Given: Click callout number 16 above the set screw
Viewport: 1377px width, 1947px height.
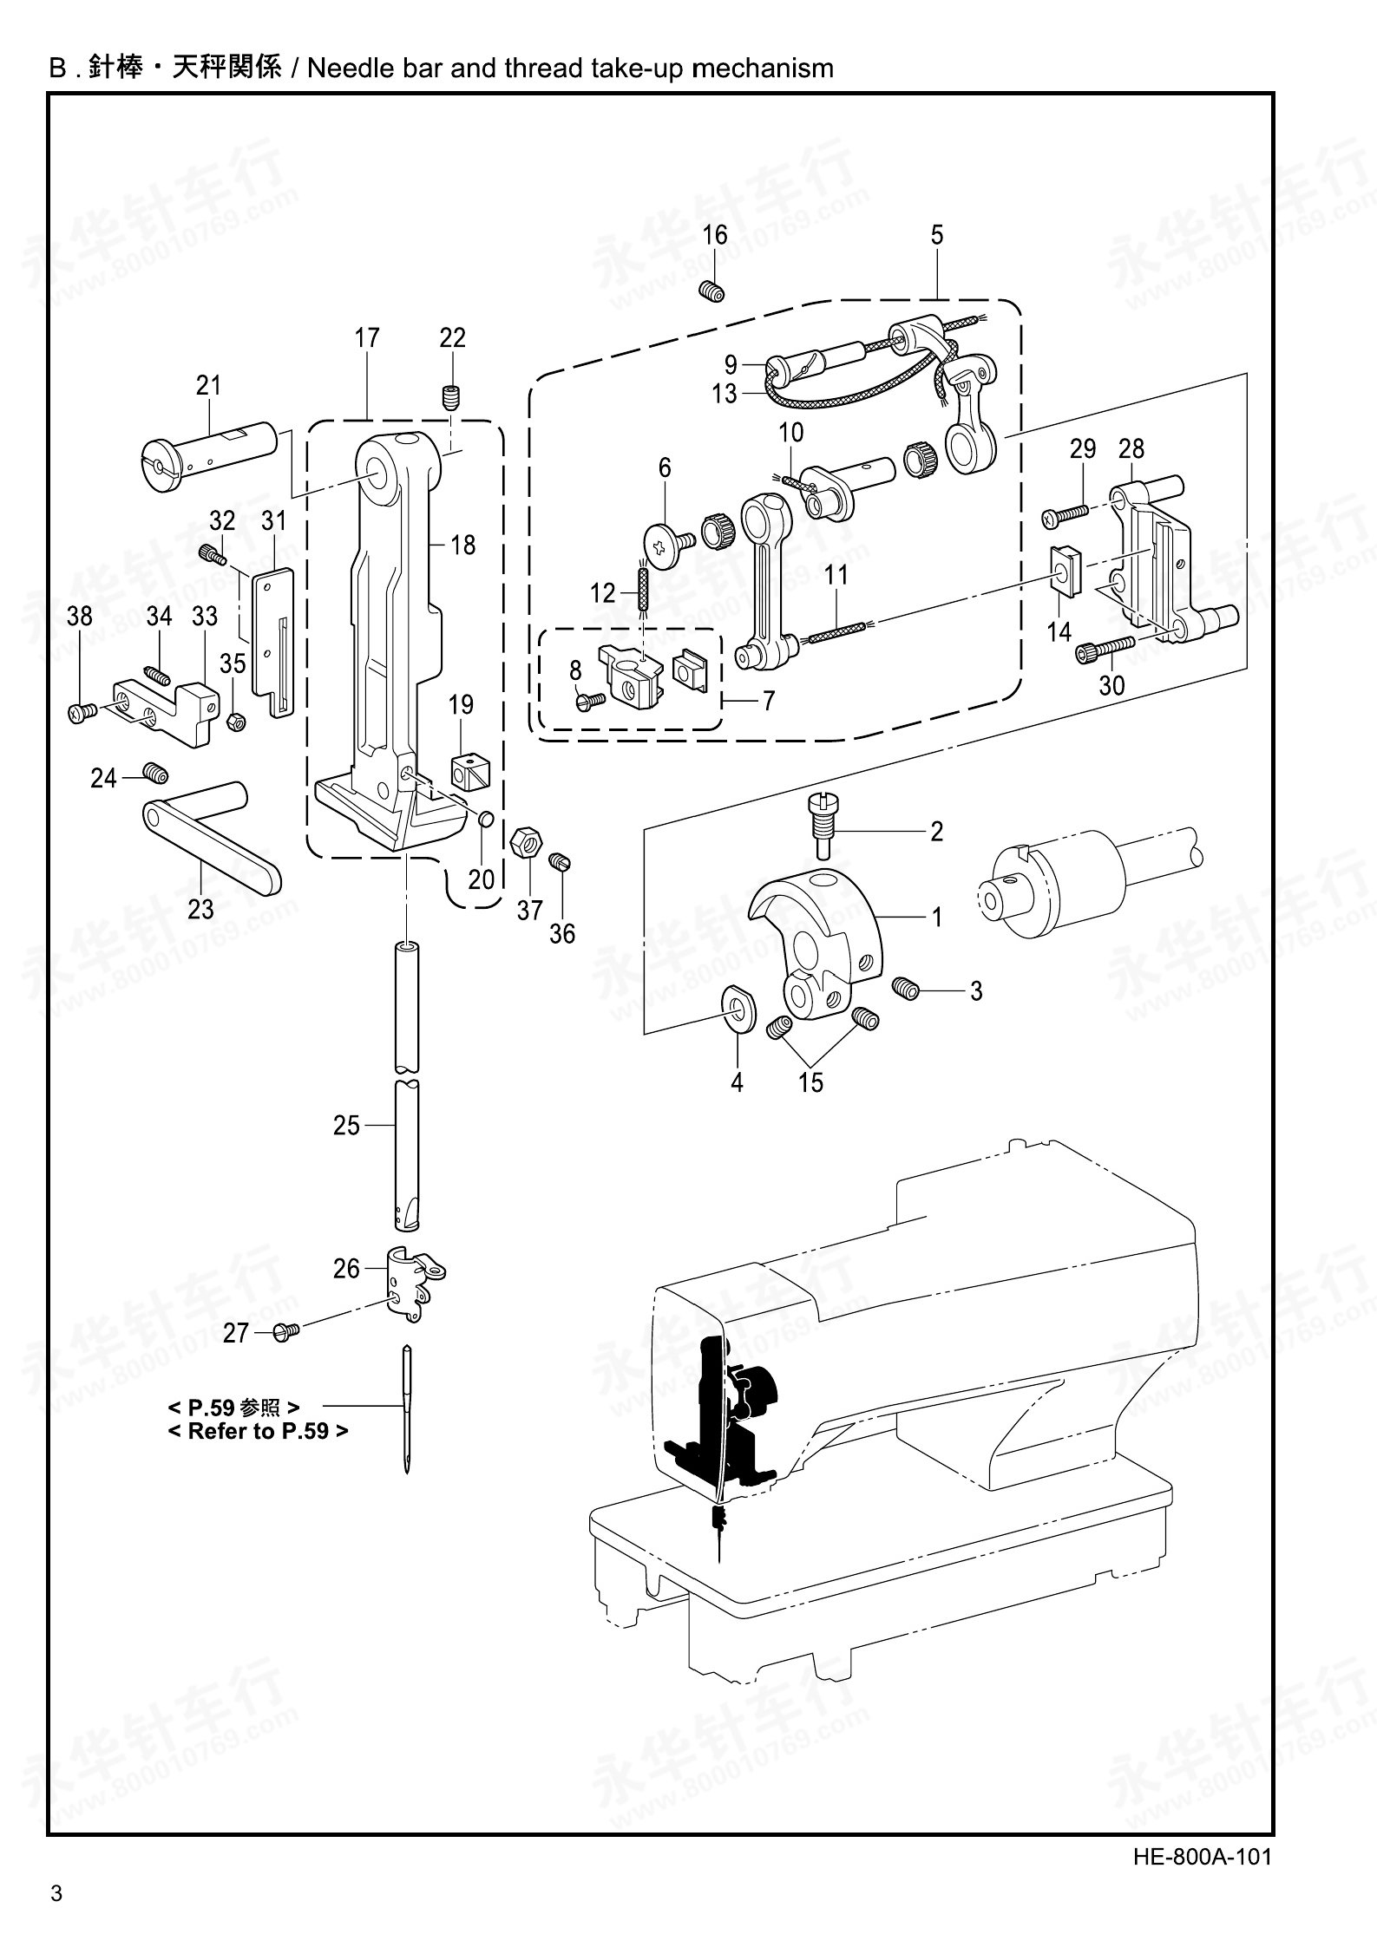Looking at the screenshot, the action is tap(715, 235).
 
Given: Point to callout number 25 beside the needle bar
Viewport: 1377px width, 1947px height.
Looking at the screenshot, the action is tap(346, 1125).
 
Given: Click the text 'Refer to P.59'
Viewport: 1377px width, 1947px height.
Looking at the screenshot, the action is tap(258, 1431).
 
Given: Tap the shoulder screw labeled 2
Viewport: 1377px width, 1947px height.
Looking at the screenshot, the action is tap(820, 819).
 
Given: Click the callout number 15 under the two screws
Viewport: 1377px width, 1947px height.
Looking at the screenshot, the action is tap(810, 1082).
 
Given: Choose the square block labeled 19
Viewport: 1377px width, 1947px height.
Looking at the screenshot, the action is tap(469, 769).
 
